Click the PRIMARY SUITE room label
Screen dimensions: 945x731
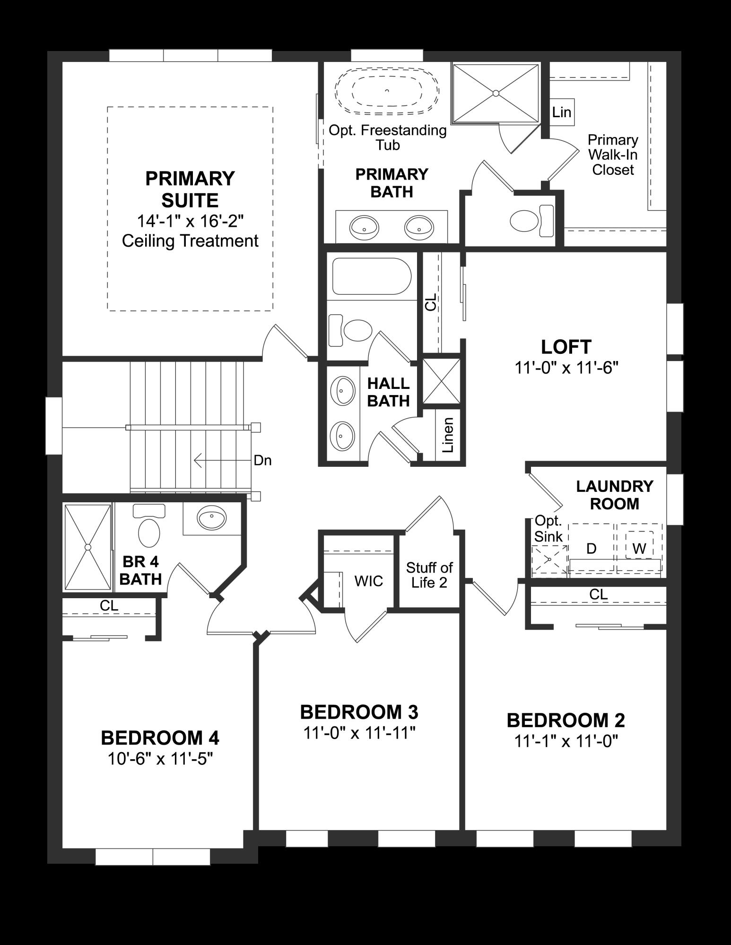[x=190, y=189]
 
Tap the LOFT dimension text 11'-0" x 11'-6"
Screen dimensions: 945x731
[x=566, y=368]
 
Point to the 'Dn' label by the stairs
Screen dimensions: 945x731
[x=262, y=460]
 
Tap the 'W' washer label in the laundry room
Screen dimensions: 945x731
[x=639, y=549]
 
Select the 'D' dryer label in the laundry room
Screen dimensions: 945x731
[x=591, y=549]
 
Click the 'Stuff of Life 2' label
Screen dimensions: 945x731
[x=429, y=575]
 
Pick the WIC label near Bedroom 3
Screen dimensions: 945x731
[x=368, y=581]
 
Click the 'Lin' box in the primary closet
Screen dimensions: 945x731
[x=562, y=112]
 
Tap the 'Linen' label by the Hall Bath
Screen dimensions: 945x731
[x=448, y=435]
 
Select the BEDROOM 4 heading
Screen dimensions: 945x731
[x=160, y=738]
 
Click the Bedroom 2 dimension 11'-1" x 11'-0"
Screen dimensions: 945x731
[x=566, y=741]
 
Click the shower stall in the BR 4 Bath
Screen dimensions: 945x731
[x=87, y=547]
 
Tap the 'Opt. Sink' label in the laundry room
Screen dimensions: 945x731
[x=548, y=529]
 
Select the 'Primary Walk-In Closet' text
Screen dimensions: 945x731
[x=613, y=155]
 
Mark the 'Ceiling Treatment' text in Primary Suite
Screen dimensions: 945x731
[x=190, y=241]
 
